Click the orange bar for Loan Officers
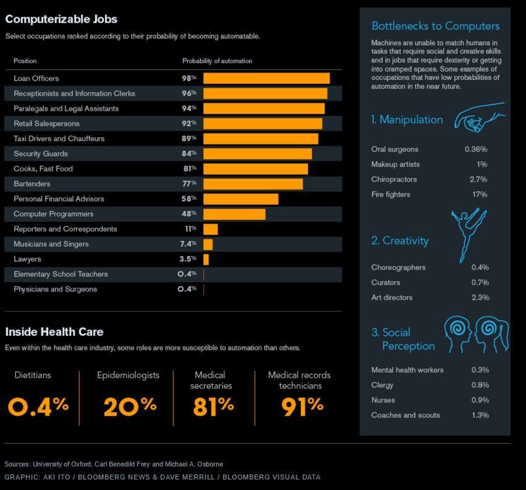(266, 79)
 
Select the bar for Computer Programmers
(234, 214)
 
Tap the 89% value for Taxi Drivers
(189, 139)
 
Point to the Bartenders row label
(32, 184)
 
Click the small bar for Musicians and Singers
(208, 244)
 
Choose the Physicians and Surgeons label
(55, 289)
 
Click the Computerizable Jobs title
(61, 19)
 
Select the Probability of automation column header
(217, 61)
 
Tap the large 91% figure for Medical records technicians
(302, 406)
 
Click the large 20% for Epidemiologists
(130, 406)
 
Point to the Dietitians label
(33, 375)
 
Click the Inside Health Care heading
(54, 332)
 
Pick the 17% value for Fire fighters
(480, 194)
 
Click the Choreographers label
(398, 267)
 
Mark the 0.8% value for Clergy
(480, 385)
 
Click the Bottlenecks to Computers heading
(435, 26)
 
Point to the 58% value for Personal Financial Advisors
(189, 199)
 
